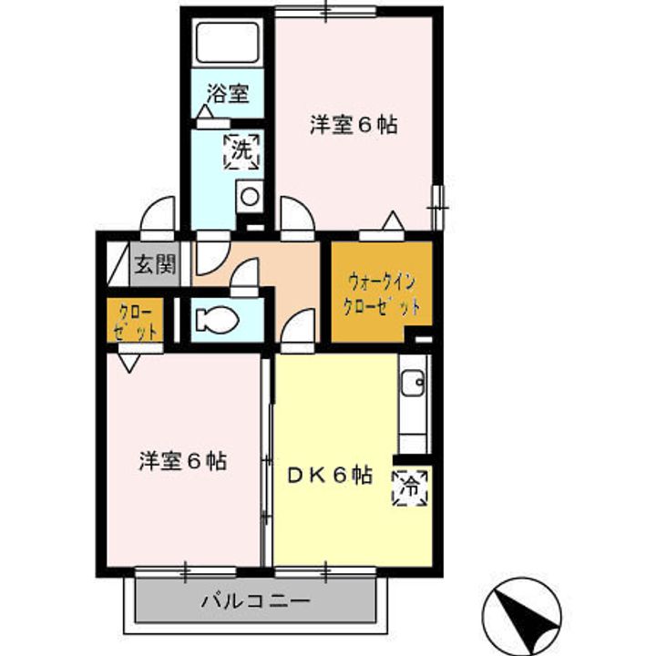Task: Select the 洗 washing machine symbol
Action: (241, 151)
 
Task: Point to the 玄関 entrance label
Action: (155, 266)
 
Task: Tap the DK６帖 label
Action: (329, 475)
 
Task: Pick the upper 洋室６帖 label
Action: (354, 127)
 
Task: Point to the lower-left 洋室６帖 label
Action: (182, 461)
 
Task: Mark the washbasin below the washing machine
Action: (248, 196)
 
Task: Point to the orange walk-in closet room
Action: (381, 292)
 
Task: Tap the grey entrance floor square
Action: (155, 267)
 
